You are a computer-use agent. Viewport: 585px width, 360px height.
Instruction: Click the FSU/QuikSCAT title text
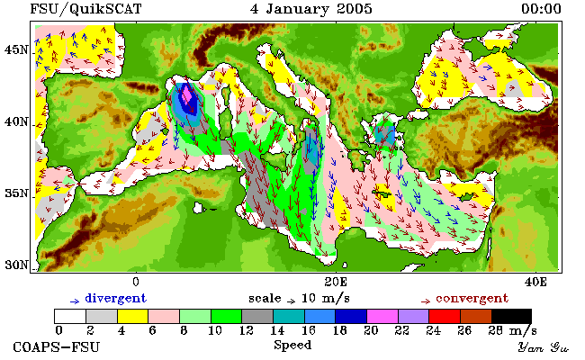[x=85, y=9]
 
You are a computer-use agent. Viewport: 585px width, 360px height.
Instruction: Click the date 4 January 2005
[x=311, y=9]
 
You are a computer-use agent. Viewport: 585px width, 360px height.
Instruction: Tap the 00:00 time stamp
[x=541, y=9]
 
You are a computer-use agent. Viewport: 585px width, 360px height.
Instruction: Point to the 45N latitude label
[x=16, y=49]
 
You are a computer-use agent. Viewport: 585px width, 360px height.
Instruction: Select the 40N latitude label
[x=16, y=122]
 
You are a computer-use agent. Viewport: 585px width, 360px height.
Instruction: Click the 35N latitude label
[x=16, y=193]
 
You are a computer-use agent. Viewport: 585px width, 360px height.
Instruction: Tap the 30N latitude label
[x=16, y=265]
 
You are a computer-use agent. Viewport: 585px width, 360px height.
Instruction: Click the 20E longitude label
[x=336, y=282]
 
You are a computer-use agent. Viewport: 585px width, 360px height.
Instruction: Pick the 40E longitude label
[x=535, y=282]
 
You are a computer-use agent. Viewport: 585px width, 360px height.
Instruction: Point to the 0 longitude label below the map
[x=136, y=282]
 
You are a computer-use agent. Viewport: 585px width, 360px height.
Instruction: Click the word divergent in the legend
[x=116, y=299]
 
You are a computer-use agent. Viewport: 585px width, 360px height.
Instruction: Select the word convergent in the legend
[x=472, y=299]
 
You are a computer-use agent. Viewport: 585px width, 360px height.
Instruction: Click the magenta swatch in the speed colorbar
[x=382, y=317]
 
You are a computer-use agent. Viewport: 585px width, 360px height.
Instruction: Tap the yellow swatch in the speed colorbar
[x=133, y=317]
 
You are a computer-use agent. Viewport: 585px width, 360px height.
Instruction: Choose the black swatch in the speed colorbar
[x=511, y=317]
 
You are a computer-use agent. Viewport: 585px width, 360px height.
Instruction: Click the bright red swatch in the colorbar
[x=445, y=317]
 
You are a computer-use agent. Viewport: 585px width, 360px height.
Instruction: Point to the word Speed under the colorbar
[x=292, y=345]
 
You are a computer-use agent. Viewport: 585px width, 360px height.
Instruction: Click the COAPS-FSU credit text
[x=57, y=347]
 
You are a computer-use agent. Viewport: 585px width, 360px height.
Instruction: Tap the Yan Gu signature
[x=543, y=348]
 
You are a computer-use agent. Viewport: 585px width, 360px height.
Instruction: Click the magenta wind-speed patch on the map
[x=187, y=96]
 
